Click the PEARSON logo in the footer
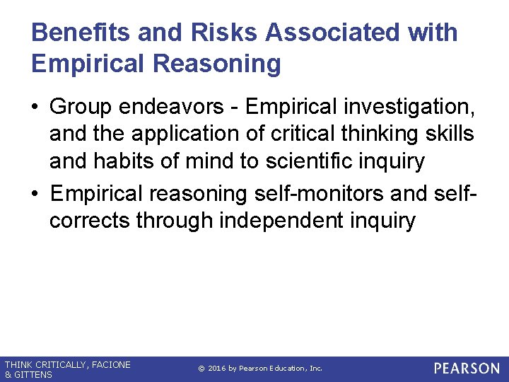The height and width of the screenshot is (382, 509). tap(467, 369)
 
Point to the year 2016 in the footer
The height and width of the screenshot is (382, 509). tap(217, 369)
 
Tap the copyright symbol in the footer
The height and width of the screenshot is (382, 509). tap(201, 369)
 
